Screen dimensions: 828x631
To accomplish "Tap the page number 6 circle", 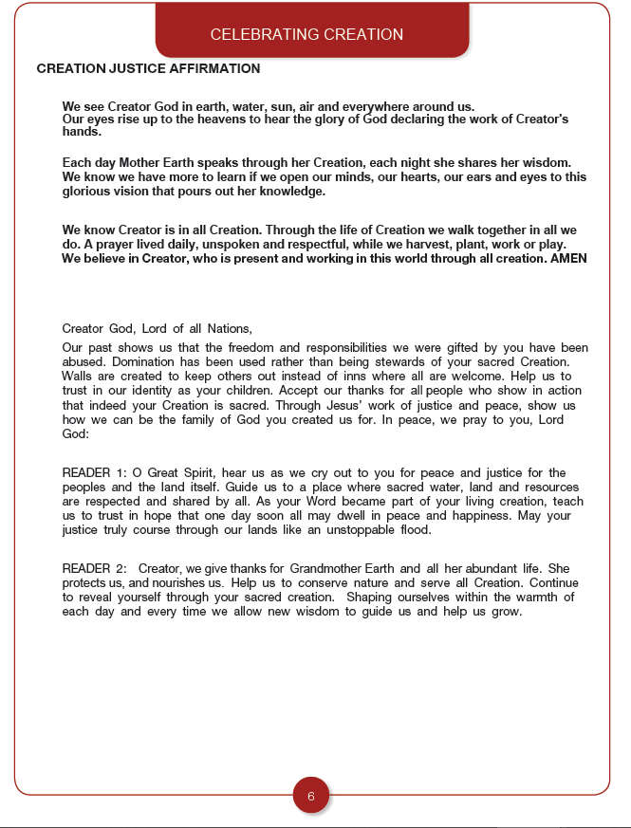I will pyautogui.click(x=311, y=796).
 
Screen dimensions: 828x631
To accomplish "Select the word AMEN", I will pyautogui.click(x=569, y=259).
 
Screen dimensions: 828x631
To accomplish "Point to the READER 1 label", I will pyautogui.click(x=93, y=472).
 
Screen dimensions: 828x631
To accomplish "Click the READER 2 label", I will pyautogui.click(x=93, y=569).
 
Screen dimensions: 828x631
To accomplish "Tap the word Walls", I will pyautogui.click(x=79, y=377).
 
